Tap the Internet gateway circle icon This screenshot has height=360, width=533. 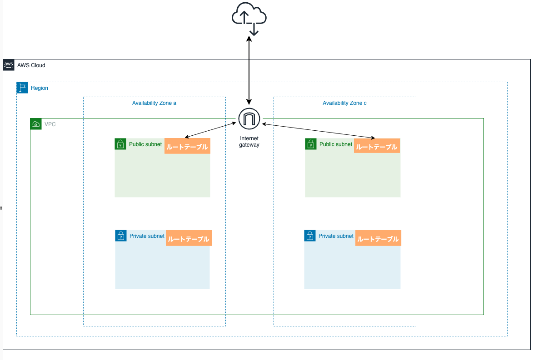249,119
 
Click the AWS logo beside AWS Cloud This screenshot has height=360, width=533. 9,65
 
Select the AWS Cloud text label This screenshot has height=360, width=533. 31,65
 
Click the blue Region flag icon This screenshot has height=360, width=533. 22,88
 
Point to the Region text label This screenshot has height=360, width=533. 40,88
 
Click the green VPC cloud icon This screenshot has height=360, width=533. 36,124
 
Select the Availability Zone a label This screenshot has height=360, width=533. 154,103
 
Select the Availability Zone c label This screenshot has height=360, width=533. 344,103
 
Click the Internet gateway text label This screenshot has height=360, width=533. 249,141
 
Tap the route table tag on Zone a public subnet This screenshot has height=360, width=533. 187,147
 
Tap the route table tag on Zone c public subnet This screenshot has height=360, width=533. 377,147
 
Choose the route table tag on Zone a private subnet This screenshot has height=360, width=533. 189,239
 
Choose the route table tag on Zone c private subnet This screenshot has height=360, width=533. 378,239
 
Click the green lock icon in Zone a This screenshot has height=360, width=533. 120,144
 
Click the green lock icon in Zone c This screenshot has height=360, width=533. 310,144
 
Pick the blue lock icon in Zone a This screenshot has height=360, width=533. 121,236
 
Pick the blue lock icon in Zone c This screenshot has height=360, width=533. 310,236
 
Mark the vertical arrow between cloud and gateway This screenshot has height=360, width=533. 249,70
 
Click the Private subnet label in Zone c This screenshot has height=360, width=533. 336,236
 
